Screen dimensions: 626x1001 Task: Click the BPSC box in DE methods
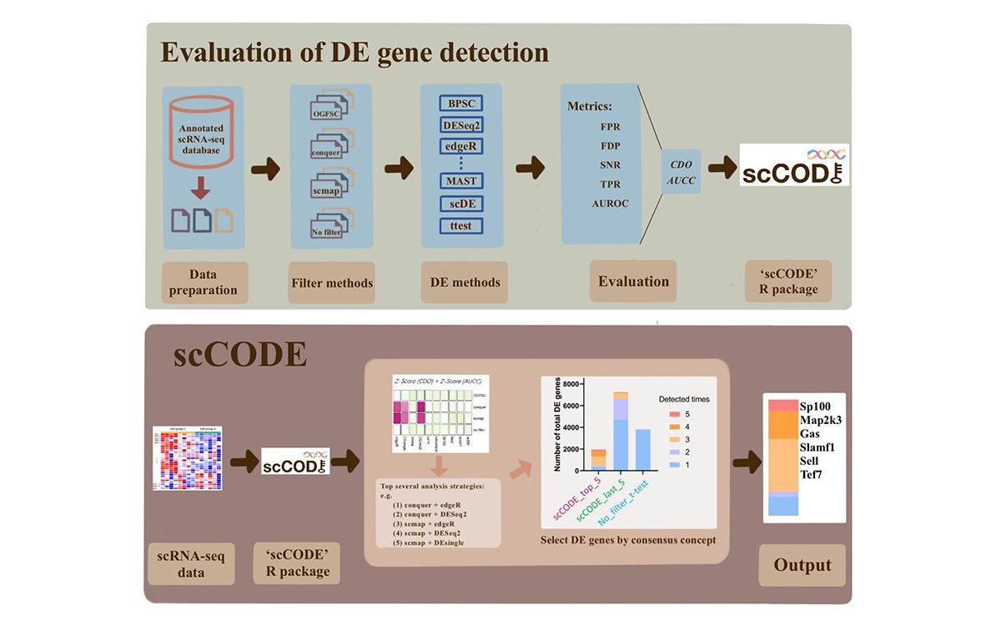coord(461,103)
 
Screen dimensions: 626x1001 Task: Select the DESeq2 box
coord(461,125)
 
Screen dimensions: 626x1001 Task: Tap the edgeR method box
coord(461,146)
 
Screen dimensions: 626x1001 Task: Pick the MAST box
coord(461,180)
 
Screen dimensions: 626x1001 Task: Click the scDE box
coord(461,203)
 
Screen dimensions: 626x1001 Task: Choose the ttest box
coord(461,225)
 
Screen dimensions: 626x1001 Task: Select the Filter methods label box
coord(332,282)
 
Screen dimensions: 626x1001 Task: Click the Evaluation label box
coord(633,281)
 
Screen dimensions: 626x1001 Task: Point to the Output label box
coord(802,565)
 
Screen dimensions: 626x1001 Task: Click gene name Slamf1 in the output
coord(820,447)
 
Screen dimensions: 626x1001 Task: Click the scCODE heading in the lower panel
coord(240,355)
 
